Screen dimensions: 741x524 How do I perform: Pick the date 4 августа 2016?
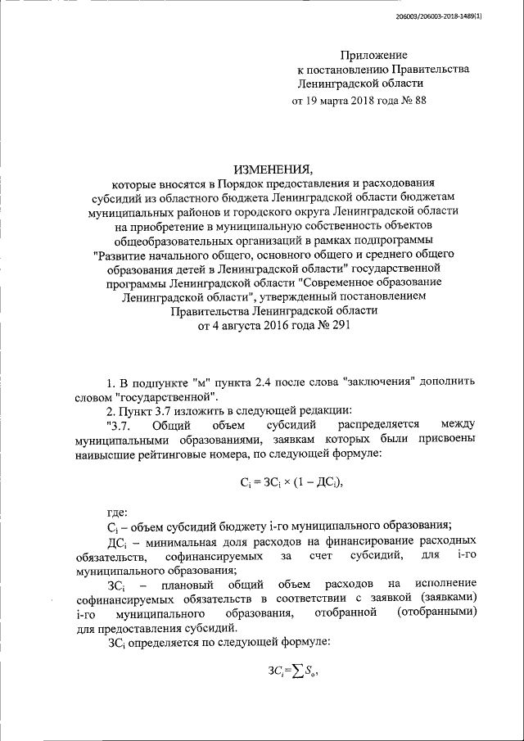(258, 326)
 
